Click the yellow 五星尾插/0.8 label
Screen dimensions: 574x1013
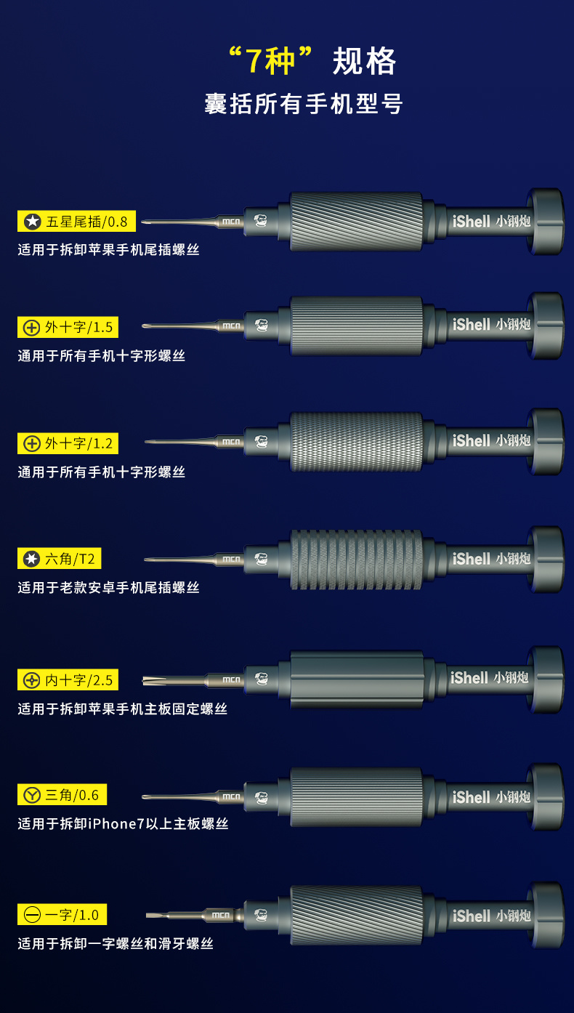[76, 221]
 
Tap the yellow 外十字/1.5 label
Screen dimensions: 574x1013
[68, 327]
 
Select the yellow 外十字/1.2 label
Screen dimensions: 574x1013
[68, 443]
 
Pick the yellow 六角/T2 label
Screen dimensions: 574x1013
[60, 559]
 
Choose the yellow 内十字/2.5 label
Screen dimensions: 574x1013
[68, 679]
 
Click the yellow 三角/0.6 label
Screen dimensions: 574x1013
[62, 794]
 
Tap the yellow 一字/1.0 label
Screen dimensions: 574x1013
[62, 914]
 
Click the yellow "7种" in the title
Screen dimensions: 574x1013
[270, 60]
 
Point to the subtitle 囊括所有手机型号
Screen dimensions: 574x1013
[303, 104]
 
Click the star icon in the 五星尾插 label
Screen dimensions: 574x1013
[33, 222]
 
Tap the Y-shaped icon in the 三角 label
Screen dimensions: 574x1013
[32, 795]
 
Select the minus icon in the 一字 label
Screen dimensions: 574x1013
[32, 915]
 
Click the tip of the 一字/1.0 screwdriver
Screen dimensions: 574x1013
[147, 915]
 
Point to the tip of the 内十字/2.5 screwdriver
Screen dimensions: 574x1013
[143, 680]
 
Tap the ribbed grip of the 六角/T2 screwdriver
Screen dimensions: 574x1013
[357, 560]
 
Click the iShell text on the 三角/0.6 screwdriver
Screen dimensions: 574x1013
[472, 797]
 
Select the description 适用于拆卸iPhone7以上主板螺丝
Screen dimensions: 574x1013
[123, 823]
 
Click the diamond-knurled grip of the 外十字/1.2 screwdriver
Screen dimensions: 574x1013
[357, 442]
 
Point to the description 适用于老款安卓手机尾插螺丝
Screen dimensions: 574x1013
[108, 587]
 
